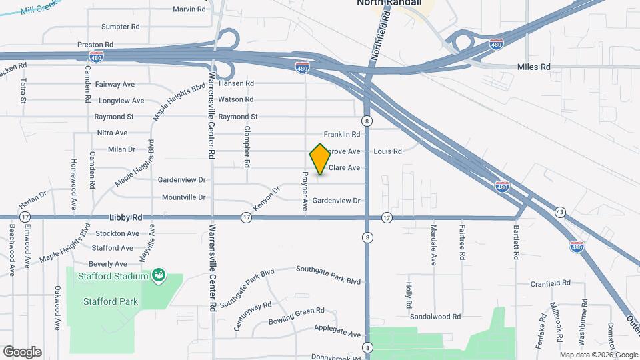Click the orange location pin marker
pyautogui.click(x=320, y=159)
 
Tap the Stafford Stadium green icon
pyautogui.click(x=159, y=275)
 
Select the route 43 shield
pyautogui.click(x=560, y=212)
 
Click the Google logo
pyautogui.click(x=22, y=352)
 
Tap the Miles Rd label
pyautogui.click(x=534, y=67)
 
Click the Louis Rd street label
pyautogui.click(x=387, y=151)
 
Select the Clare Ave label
pyautogui.click(x=344, y=168)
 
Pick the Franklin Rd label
pyautogui.click(x=342, y=135)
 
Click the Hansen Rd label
pyautogui.click(x=237, y=83)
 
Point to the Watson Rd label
pyautogui.click(x=236, y=99)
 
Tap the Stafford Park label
pyautogui.click(x=111, y=301)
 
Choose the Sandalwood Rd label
pyautogui.click(x=435, y=317)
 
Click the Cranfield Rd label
pyautogui.click(x=551, y=283)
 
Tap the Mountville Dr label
pyautogui.click(x=183, y=197)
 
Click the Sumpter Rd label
pyautogui.click(x=120, y=27)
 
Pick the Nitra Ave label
pyautogui.click(x=112, y=133)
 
